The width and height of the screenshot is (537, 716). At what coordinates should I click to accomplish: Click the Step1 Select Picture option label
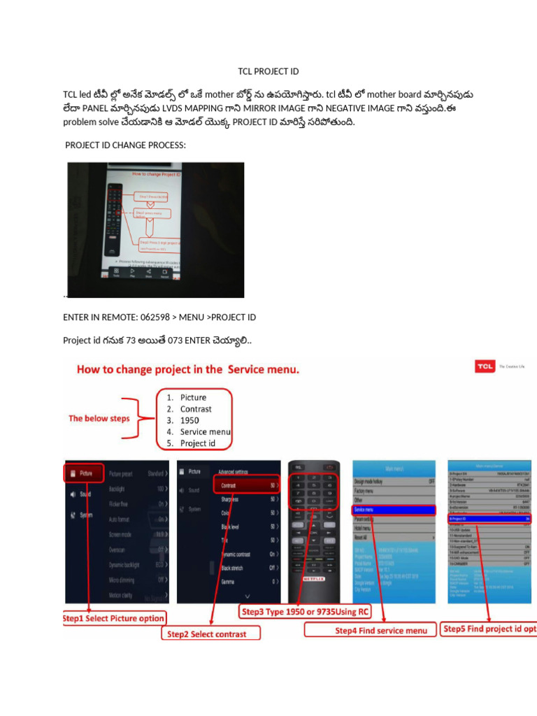point(115,618)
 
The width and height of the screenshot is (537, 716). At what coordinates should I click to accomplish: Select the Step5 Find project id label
point(489,629)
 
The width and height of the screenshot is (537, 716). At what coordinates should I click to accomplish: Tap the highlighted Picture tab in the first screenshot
point(85,473)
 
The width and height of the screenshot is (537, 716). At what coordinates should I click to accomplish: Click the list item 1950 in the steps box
point(189,420)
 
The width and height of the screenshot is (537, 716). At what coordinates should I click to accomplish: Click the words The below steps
point(99,418)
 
